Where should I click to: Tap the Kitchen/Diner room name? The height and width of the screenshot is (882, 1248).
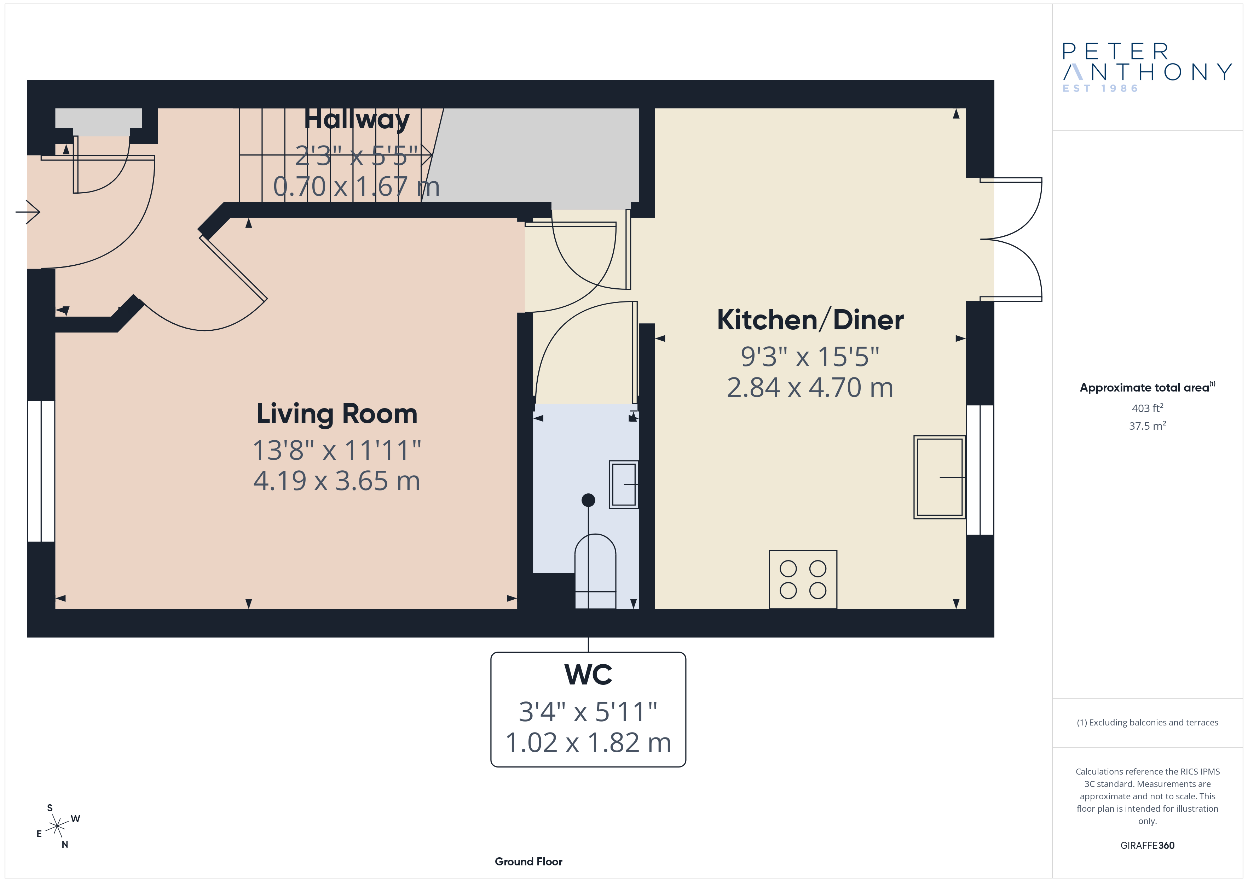tap(810, 320)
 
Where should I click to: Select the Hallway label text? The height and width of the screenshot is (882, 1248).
tap(357, 119)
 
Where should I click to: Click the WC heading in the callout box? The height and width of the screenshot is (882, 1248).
tap(588, 675)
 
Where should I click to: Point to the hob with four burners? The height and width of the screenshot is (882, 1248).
tap(803, 580)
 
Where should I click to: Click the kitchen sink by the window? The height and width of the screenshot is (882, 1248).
tap(939, 477)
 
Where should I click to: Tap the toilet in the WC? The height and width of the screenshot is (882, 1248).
tap(595, 571)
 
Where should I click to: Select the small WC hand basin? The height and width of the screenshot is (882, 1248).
tap(623, 484)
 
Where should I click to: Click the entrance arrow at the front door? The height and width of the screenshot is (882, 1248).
tap(28, 212)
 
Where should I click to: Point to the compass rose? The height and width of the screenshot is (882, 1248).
tap(57, 827)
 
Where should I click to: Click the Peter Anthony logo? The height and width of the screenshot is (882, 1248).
tap(1147, 68)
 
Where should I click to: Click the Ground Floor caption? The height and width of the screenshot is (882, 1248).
tap(528, 862)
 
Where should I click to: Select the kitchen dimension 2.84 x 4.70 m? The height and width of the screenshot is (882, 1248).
tap(810, 388)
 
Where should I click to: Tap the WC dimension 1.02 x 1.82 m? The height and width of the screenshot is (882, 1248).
tap(588, 743)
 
